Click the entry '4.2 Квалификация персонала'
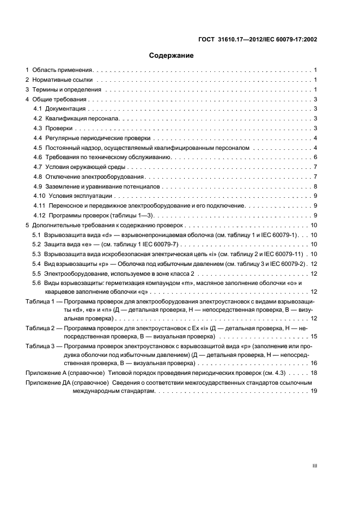coord(76,119)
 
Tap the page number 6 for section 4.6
coord(315,157)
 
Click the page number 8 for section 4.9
coord(315,186)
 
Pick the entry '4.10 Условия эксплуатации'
coord(72,196)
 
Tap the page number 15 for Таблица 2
coord(314,337)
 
